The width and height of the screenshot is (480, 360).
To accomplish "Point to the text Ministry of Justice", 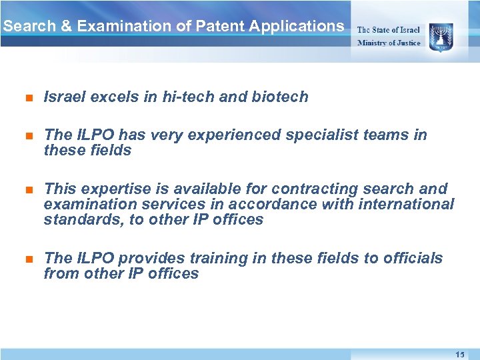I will [x=389, y=43].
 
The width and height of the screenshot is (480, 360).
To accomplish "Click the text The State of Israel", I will [x=389, y=30].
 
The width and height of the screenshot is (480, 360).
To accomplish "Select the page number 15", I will [x=460, y=354].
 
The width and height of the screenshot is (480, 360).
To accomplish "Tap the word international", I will [x=407, y=205].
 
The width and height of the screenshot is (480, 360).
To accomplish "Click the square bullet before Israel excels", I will [x=28, y=97].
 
